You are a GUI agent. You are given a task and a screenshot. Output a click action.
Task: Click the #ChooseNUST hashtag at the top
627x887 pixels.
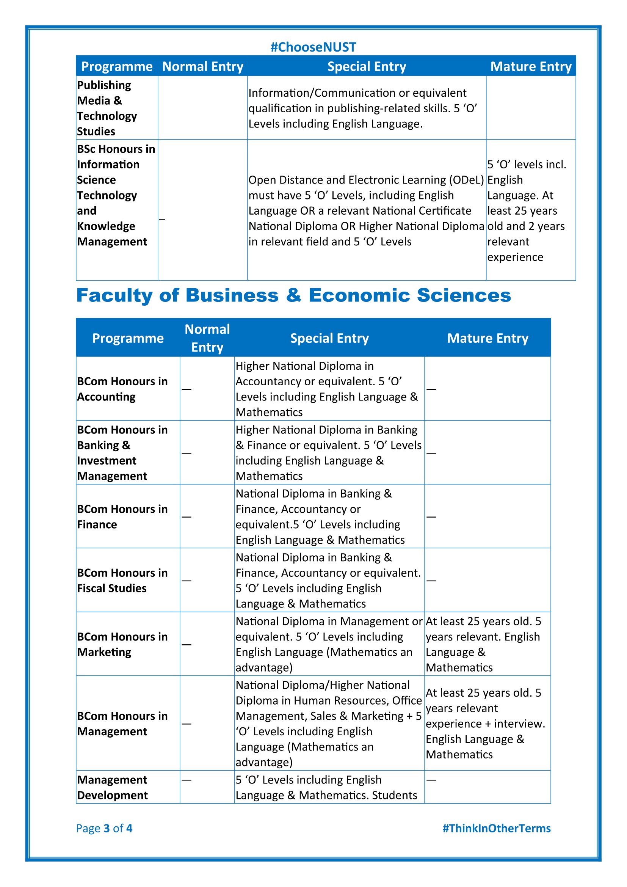point(313,47)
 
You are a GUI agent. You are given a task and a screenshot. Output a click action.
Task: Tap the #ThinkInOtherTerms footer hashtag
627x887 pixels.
point(496,828)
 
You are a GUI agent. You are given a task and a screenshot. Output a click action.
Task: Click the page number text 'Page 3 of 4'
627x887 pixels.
point(104,828)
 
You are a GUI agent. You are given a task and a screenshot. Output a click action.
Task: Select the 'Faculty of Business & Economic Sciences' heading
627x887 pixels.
point(293,295)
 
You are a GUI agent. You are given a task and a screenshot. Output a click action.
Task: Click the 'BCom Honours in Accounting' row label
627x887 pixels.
point(122,389)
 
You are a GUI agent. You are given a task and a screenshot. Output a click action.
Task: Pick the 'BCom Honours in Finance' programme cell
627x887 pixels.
point(122,517)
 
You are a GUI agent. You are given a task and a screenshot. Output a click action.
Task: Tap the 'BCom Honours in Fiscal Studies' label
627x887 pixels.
point(122,580)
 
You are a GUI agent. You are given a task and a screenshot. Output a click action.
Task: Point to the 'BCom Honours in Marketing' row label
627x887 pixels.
point(122,644)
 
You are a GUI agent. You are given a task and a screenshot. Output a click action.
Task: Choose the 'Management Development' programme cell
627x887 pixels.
point(112,787)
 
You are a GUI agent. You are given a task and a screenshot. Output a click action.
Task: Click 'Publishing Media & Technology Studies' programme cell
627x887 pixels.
point(107,108)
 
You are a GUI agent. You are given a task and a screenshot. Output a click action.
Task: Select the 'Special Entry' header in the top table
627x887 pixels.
point(367,66)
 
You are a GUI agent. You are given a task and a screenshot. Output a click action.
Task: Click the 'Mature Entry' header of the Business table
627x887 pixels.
point(487,338)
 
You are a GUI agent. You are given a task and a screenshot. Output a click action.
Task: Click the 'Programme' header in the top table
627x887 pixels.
point(117,66)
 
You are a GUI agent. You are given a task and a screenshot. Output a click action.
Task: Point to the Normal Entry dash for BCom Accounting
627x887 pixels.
point(187,389)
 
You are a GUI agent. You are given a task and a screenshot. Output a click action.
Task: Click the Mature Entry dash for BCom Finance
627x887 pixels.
point(431,517)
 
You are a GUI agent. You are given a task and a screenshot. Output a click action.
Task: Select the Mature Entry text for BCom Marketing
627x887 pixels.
point(483,644)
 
